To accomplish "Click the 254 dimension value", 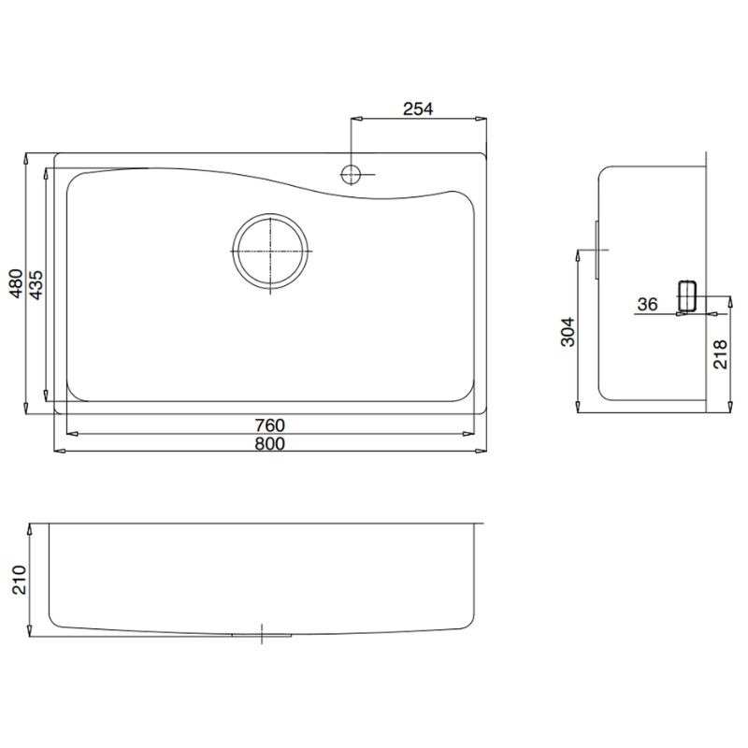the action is tap(418, 108).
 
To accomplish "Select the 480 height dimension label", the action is tap(17, 284).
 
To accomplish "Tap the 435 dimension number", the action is tap(36, 285).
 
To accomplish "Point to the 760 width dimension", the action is tap(269, 424).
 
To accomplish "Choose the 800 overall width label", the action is tap(269, 443).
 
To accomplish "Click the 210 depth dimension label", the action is tap(19, 580).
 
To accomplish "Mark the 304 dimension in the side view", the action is tap(568, 332).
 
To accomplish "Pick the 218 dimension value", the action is tap(720, 354).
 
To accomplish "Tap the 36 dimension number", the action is tap(647, 304).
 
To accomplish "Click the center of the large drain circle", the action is tap(270, 251).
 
